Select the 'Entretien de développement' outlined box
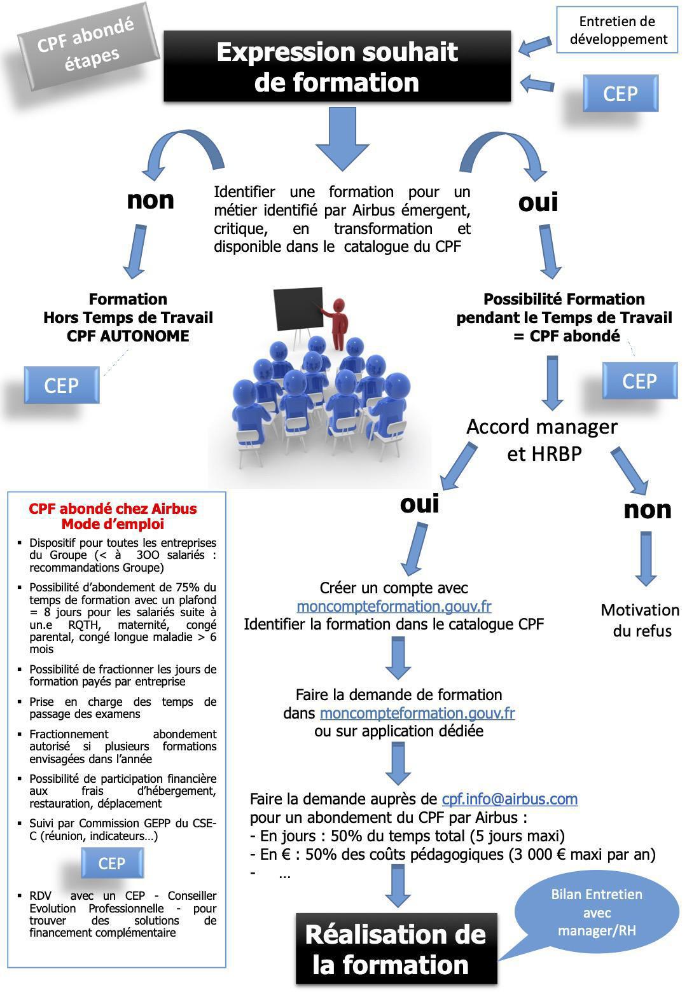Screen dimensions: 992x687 [618, 30]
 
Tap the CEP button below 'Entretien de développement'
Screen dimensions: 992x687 [620, 93]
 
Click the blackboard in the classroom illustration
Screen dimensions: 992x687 [298, 308]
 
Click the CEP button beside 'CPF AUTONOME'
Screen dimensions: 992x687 [62, 385]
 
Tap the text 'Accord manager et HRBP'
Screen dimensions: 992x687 [543, 439]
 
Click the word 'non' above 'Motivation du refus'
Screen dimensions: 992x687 [647, 509]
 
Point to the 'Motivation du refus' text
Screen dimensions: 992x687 [640, 620]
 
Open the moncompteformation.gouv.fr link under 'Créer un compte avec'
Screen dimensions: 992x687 [394, 606]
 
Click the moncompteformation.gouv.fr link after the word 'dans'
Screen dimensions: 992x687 [417, 713]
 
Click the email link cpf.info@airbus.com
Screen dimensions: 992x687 [510, 799]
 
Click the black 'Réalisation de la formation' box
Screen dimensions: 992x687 [396, 949]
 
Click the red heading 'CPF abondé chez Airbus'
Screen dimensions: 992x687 [113, 509]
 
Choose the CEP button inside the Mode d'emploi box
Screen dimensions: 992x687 [112, 864]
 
